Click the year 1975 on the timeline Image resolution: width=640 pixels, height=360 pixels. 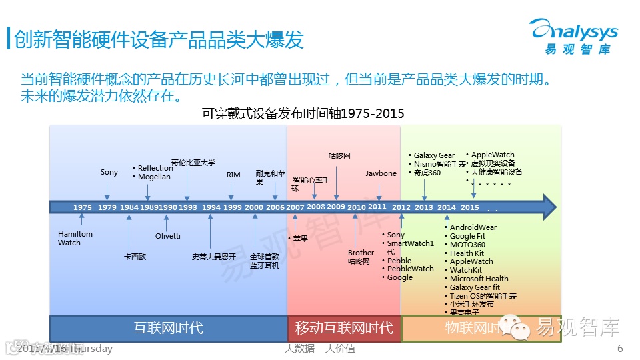(83, 207)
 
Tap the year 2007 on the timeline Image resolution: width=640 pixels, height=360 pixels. (295, 207)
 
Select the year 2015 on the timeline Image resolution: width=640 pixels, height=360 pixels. (470, 207)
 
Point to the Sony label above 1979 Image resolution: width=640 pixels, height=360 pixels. (109, 172)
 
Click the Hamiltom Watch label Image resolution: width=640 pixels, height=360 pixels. (75, 239)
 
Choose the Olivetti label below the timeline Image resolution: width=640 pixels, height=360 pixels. (167, 236)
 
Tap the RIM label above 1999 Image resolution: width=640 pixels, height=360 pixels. (233, 175)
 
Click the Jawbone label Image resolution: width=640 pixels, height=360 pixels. (381, 173)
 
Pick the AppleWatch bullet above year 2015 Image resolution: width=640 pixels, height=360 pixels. (492, 155)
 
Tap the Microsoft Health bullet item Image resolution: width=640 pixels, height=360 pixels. (479, 279)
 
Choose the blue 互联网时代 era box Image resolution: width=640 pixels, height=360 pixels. (168, 328)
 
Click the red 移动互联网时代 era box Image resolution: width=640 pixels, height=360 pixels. (343, 328)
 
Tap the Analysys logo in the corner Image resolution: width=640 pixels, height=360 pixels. (573, 37)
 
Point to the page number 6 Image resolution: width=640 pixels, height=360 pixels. (620, 348)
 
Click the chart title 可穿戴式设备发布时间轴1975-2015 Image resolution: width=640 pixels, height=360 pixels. (303, 113)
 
